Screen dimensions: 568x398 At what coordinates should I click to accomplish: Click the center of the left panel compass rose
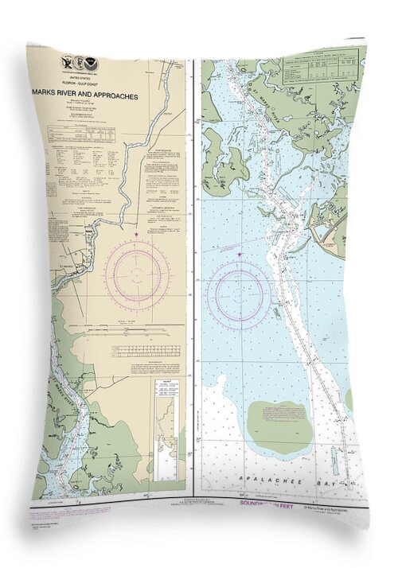tap(137, 274)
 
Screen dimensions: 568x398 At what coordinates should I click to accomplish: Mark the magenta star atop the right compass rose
tap(240, 255)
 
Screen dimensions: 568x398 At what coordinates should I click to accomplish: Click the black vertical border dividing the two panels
tap(194, 278)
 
